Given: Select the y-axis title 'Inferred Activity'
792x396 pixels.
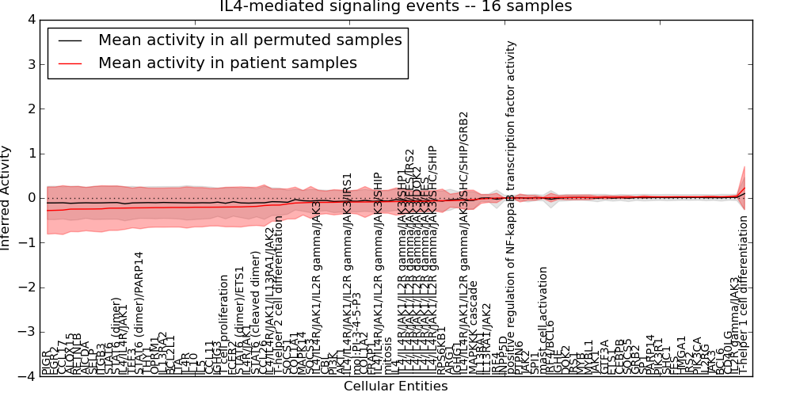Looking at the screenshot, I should (x=6, y=198).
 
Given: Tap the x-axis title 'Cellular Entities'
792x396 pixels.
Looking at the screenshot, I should (x=395, y=386).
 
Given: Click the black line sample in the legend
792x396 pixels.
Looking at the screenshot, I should (x=69, y=40).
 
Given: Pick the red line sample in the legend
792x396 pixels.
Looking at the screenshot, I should (x=69, y=63).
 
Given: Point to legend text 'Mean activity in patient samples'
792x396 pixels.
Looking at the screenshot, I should (x=227, y=63).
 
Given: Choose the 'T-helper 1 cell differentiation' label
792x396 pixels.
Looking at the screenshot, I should (x=743, y=305).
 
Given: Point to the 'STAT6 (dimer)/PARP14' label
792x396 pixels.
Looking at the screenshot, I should (x=139, y=314).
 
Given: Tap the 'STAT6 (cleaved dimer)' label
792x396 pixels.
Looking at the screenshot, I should (x=255, y=314).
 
